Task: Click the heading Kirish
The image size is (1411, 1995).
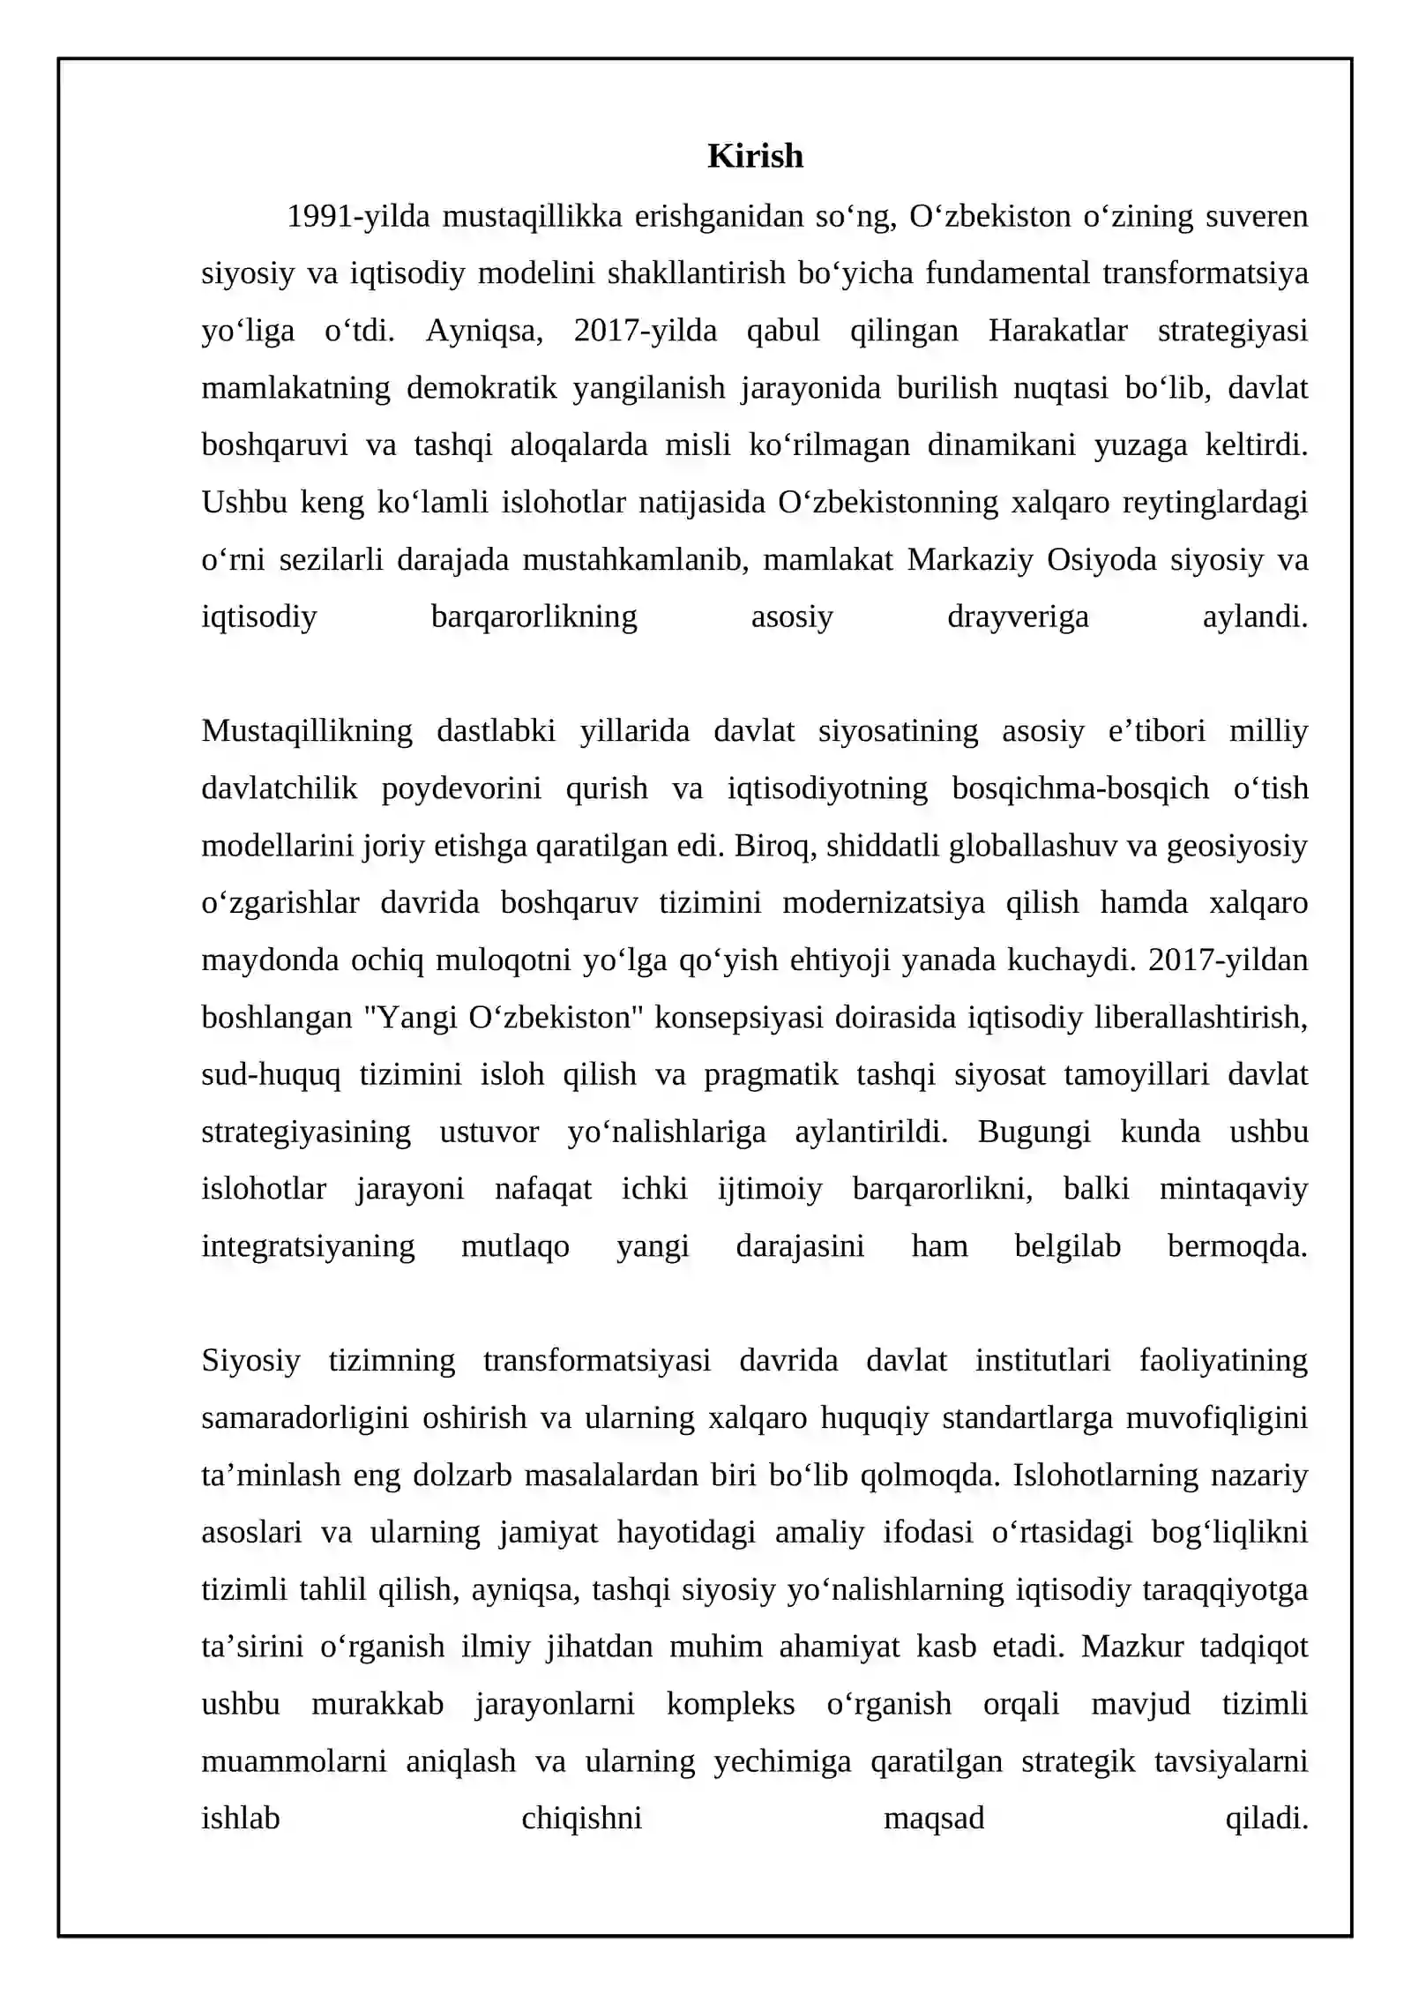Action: point(755,156)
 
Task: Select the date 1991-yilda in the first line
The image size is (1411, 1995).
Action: point(358,216)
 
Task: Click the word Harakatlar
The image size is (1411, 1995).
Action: point(1057,331)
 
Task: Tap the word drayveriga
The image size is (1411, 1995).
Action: point(1018,617)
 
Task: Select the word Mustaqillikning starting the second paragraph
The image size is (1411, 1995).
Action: point(307,732)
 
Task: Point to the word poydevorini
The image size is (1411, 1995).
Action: point(461,789)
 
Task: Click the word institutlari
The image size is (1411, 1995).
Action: point(1042,1361)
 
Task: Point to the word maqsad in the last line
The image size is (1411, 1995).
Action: point(934,1819)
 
